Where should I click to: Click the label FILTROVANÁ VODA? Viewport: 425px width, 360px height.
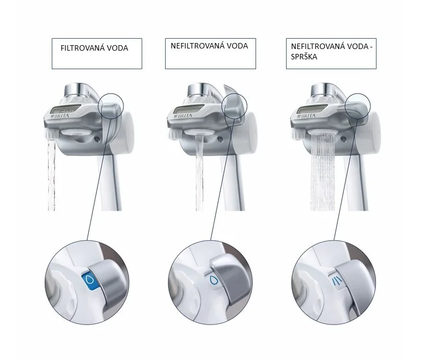[x=94, y=48]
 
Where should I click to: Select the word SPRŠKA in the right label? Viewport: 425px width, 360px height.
[x=304, y=57]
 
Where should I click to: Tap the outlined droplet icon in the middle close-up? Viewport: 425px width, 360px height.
[x=214, y=279]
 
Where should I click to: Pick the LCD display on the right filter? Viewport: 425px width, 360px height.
[x=309, y=110]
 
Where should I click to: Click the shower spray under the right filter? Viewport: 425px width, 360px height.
[x=323, y=172]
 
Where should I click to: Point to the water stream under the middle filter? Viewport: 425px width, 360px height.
[x=199, y=173]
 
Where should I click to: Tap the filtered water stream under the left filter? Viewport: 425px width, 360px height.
[x=52, y=175]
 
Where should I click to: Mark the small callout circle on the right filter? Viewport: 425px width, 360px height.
[x=345, y=106]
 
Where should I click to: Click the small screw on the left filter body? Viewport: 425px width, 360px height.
[x=97, y=139]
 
